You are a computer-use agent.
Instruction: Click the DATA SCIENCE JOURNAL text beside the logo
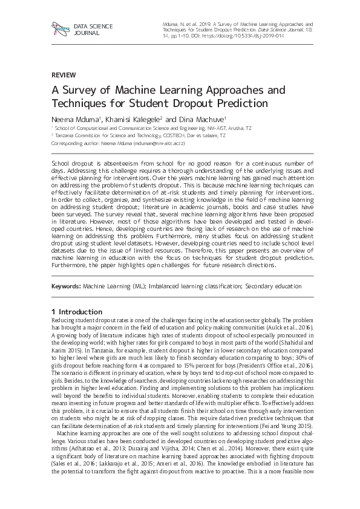pos(89,30)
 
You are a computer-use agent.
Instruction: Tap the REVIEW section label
pos(64,75)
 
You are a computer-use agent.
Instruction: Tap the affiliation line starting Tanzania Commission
pos(139,136)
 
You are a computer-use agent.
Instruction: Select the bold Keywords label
pos(65,285)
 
